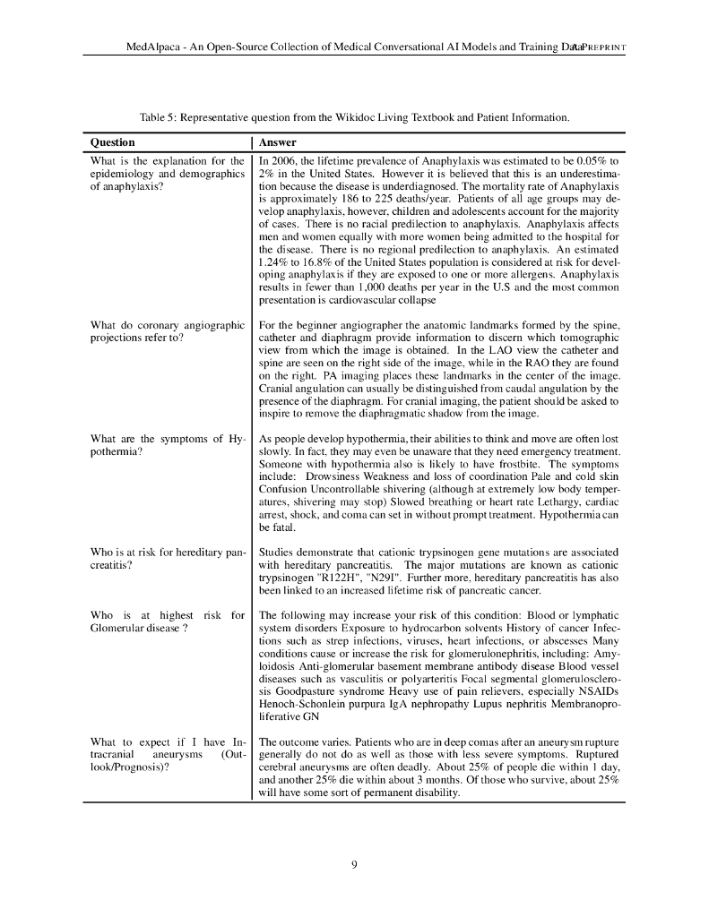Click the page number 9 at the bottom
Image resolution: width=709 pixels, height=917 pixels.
(354, 864)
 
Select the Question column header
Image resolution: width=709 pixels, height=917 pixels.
(113, 142)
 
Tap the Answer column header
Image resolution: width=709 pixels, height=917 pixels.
(277, 142)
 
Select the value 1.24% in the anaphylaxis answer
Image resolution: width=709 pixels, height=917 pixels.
(272, 264)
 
